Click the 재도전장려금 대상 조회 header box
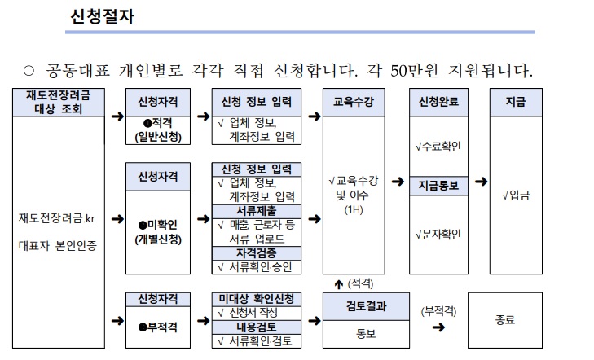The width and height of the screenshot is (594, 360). (x=58, y=102)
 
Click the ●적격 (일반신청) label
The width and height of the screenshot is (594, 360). (x=159, y=130)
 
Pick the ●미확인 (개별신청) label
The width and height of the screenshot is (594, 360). (x=159, y=231)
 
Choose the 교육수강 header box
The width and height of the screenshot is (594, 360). (x=354, y=103)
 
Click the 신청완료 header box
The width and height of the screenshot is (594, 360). (x=438, y=103)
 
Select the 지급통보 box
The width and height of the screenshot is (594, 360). (x=438, y=185)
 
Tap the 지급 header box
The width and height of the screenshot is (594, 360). (x=515, y=103)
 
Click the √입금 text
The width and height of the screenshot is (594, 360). (x=515, y=196)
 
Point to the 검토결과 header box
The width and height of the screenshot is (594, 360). (x=354, y=306)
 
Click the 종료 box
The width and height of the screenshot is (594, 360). (x=504, y=320)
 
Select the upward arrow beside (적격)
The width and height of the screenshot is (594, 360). (x=338, y=283)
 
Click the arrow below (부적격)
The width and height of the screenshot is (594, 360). (x=438, y=327)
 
